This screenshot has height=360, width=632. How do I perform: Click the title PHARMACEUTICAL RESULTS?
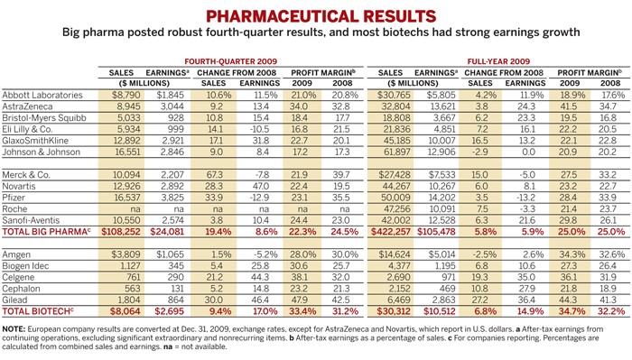(x=315, y=16)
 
